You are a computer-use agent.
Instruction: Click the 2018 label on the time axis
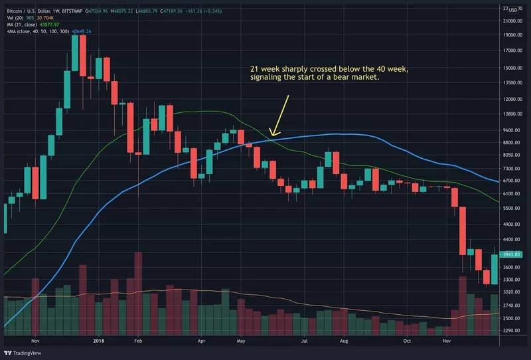[98, 340]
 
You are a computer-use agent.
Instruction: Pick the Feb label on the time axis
[138, 340]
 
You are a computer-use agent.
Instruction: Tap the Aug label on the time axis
[344, 340]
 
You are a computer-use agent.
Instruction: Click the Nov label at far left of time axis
[37, 340]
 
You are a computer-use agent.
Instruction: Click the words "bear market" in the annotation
[356, 78]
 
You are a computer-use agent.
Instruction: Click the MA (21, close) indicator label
[26, 25]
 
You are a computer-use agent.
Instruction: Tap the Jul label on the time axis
[305, 340]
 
